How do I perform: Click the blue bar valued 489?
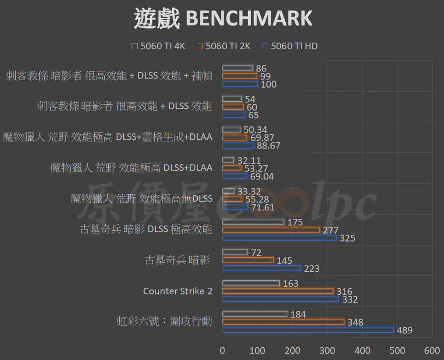click(308, 330)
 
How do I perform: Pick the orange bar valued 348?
click(283, 322)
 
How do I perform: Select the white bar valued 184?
click(255, 314)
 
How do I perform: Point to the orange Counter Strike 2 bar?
click(277, 291)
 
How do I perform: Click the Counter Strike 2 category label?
click(178, 291)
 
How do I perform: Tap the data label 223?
click(312, 268)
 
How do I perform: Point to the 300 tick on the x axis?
click(327, 351)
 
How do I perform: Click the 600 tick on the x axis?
click(432, 351)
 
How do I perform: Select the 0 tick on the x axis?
click(223, 351)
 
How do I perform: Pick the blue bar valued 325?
click(279, 238)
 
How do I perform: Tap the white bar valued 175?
click(253, 222)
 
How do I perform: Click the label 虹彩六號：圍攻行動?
click(164, 322)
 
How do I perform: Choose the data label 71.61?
click(263, 207)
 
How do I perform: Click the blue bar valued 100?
click(240, 84)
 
